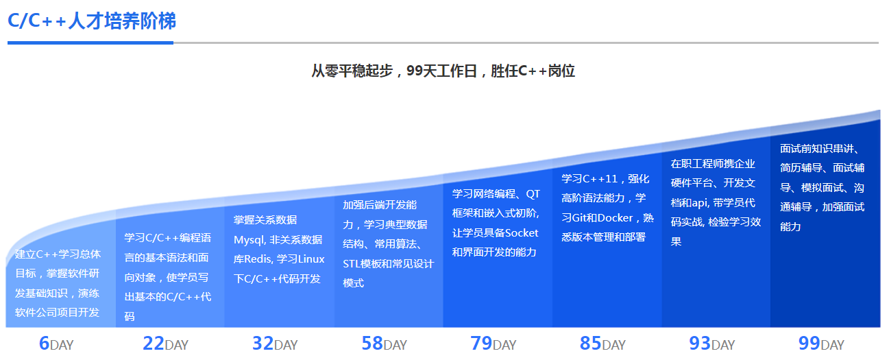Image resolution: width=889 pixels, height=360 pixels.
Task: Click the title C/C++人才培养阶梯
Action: click(92, 21)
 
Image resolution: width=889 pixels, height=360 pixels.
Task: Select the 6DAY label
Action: click(56, 344)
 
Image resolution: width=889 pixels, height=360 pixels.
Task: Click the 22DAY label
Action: click(165, 344)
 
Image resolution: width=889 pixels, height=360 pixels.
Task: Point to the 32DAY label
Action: click(275, 344)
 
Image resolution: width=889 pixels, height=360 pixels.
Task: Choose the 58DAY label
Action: click(384, 344)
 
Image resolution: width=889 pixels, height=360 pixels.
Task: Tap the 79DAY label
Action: click(494, 344)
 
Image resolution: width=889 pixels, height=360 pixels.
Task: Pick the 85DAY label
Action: click(602, 344)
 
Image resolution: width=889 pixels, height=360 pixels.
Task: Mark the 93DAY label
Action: click(712, 344)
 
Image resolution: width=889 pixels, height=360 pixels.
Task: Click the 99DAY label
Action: click(821, 344)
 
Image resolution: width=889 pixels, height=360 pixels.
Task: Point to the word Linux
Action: click(311, 259)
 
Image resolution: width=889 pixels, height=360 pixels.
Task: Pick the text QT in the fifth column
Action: click(533, 194)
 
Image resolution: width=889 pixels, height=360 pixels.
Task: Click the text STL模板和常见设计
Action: click(388, 263)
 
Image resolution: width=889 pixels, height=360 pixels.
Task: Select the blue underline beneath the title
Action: click(90, 43)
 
